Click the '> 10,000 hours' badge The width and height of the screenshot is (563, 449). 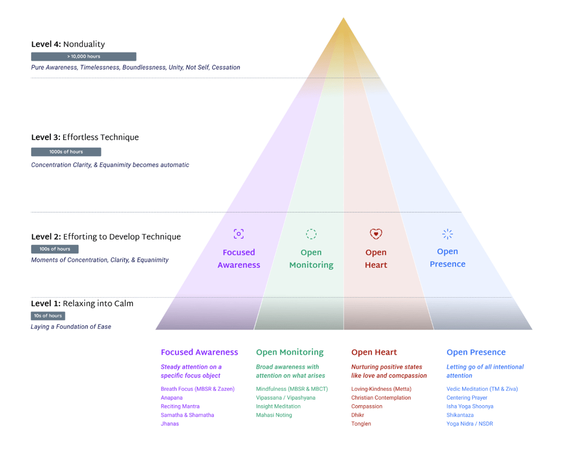click(x=84, y=56)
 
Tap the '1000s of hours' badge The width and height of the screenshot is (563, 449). click(x=66, y=152)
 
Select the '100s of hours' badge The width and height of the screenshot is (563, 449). click(x=55, y=249)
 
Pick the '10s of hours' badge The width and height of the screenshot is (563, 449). click(x=48, y=316)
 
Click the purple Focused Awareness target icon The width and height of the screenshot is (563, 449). click(x=239, y=234)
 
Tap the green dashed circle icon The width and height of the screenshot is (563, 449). click(x=311, y=234)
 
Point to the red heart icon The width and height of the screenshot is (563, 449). click(x=376, y=234)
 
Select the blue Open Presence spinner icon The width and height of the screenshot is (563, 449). click(x=448, y=234)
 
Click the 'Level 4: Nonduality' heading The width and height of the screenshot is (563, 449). click(x=68, y=44)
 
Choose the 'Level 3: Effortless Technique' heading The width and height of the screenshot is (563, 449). click(x=85, y=137)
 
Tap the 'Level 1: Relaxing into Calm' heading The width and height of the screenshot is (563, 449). click(x=82, y=303)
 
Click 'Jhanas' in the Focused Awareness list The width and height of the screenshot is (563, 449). click(x=170, y=424)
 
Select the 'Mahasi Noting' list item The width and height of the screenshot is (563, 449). click(x=274, y=415)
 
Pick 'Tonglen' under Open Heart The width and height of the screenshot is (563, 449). click(x=361, y=424)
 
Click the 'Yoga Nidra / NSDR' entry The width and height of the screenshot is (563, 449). click(x=469, y=424)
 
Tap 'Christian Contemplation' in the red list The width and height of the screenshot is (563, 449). click(x=381, y=398)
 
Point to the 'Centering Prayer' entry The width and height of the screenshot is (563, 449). click(x=467, y=398)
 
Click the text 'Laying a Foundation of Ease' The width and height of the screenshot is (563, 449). click(x=71, y=327)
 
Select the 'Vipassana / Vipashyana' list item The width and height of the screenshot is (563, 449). click(x=285, y=398)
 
